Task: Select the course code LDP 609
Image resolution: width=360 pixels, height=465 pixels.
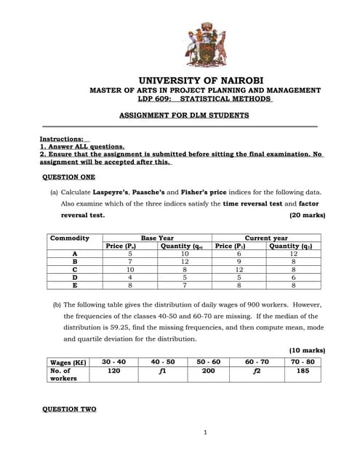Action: [x=155, y=99]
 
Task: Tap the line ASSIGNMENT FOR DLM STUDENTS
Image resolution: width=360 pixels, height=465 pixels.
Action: [x=183, y=115]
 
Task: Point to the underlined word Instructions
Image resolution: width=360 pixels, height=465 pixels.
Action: [x=61, y=138]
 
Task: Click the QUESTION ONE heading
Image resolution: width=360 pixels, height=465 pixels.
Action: [x=68, y=177]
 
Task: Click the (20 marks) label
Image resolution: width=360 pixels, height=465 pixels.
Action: [x=307, y=215]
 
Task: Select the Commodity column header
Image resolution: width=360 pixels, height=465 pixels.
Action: [x=70, y=238]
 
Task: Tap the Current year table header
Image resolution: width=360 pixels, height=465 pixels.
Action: [x=266, y=238]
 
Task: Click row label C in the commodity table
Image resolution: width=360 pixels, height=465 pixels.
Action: [x=74, y=270]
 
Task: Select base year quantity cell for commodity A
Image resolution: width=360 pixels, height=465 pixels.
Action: [x=185, y=254]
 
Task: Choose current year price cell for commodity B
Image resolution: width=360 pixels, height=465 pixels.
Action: [x=234, y=262]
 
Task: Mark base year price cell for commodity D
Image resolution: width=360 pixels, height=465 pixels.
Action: [x=129, y=278]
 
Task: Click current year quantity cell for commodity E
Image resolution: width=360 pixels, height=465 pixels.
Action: [x=293, y=286]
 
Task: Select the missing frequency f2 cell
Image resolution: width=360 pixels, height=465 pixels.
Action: [x=256, y=371]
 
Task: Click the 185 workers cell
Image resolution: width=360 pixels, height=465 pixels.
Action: [x=303, y=371]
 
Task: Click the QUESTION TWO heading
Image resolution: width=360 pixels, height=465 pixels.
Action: [x=69, y=409]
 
